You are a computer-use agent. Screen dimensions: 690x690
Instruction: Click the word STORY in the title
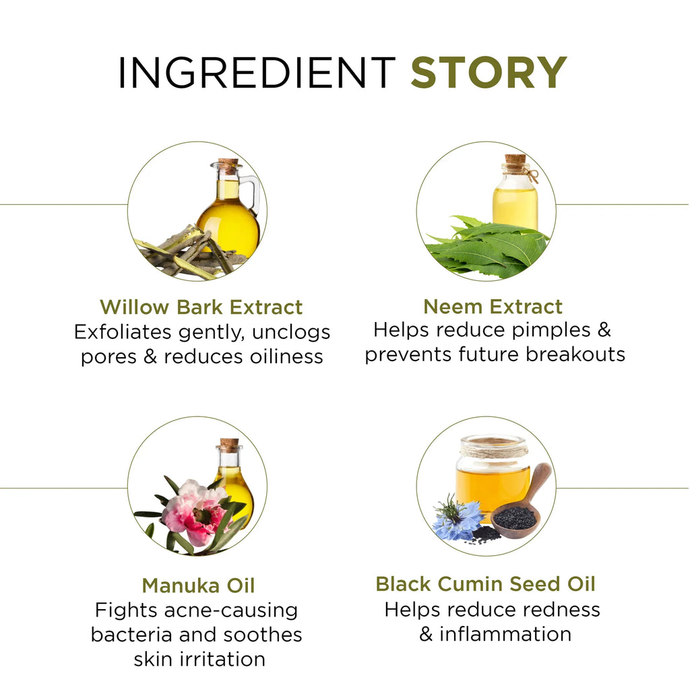click(x=489, y=72)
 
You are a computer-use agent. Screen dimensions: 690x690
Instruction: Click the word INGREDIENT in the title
click(x=257, y=72)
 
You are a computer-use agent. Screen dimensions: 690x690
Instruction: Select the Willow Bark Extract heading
click(x=201, y=307)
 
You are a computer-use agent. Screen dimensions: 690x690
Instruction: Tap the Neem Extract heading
click(x=493, y=307)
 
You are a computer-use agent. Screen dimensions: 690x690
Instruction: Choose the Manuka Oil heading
click(x=199, y=586)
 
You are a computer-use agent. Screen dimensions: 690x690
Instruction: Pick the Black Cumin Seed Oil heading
click(x=485, y=584)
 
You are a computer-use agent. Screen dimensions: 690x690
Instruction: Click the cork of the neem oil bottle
click(x=515, y=159)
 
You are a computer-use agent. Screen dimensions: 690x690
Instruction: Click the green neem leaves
click(x=487, y=247)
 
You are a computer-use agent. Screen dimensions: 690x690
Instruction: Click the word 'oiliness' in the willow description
click(x=286, y=356)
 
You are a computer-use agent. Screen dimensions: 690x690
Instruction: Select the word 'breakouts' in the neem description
click(x=575, y=354)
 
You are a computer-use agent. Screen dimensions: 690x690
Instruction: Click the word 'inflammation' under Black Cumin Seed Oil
click(x=505, y=634)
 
